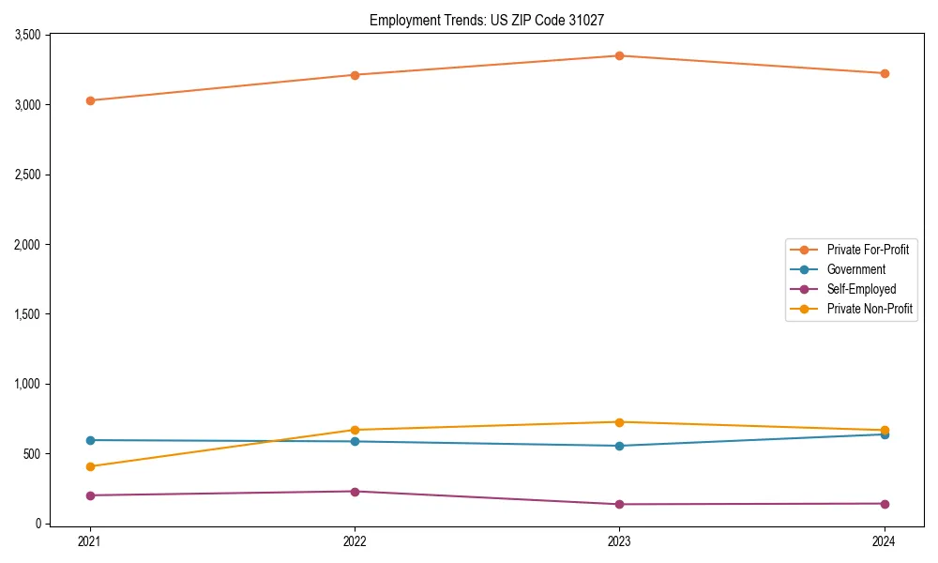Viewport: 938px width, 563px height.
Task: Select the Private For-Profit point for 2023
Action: tap(619, 55)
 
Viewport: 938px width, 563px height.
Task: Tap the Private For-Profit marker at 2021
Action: tap(90, 100)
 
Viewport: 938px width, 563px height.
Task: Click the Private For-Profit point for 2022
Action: tap(355, 75)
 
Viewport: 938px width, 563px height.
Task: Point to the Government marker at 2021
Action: tap(90, 440)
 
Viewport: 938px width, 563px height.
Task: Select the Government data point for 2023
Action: tap(619, 446)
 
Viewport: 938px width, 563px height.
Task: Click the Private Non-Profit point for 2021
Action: tap(90, 466)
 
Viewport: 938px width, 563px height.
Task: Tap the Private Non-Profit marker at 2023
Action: tap(619, 422)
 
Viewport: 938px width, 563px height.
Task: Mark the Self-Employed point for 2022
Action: tap(355, 492)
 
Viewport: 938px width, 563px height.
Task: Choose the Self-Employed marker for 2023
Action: tap(619, 504)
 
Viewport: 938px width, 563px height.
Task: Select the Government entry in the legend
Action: tap(855, 269)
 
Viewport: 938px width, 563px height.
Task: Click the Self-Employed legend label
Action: tap(861, 289)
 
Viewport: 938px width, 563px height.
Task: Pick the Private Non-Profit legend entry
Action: tap(870, 309)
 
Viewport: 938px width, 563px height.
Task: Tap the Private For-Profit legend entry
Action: tap(868, 250)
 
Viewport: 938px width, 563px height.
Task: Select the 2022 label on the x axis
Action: tap(355, 541)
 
